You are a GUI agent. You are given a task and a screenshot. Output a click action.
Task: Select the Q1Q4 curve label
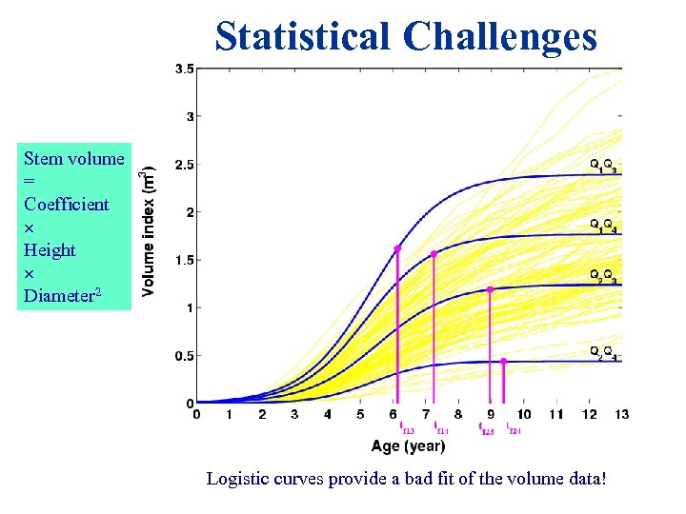[603, 226]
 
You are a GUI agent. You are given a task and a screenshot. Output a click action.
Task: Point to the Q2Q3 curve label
[603, 276]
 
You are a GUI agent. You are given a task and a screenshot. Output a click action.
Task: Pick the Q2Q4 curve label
[603, 352]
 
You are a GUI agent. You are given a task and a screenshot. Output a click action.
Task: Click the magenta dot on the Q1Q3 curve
[397, 248]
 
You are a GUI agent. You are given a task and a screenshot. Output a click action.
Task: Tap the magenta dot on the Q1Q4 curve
[434, 254]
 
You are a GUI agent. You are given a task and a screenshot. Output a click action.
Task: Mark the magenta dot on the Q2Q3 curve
[490, 289]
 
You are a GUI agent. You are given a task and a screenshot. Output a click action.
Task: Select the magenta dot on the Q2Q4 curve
[503, 362]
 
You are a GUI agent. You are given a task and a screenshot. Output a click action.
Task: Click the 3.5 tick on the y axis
[184, 69]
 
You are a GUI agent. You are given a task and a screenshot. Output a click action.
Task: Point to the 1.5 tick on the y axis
[184, 260]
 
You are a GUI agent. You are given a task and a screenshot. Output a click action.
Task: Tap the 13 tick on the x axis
[622, 415]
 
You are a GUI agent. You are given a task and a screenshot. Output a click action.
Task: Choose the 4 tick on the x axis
[328, 415]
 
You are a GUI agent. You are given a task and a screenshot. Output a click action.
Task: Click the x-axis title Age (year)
[409, 445]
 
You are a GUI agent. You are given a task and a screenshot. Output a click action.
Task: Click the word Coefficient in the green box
[67, 204]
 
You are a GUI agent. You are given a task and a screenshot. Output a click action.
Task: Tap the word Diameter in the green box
[60, 295]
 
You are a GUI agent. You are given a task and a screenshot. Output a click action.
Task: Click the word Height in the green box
[50, 249]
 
